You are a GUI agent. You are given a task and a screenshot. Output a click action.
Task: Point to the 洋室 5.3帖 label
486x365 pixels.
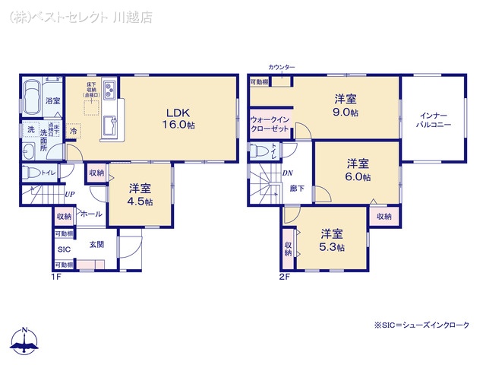tap(332, 240)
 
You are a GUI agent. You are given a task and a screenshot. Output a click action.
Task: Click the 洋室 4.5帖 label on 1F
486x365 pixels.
tap(140, 195)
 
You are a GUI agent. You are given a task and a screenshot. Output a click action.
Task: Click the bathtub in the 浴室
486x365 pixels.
tap(33, 98)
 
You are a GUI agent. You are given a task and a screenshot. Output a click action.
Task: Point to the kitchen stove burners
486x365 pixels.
tap(109, 90)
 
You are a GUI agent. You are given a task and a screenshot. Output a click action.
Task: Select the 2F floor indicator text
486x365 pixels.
tap(285, 275)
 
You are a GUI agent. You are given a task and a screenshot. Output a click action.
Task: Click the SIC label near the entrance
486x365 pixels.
tap(63, 249)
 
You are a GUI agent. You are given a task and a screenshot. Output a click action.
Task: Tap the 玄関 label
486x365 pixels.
tap(96, 244)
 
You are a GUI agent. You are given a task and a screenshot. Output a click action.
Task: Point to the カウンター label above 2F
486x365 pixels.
tap(281, 68)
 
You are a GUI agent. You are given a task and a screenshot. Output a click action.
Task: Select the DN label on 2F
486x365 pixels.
tap(288, 173)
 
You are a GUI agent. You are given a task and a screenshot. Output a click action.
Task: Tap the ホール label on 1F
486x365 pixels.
tap(90, 214)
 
